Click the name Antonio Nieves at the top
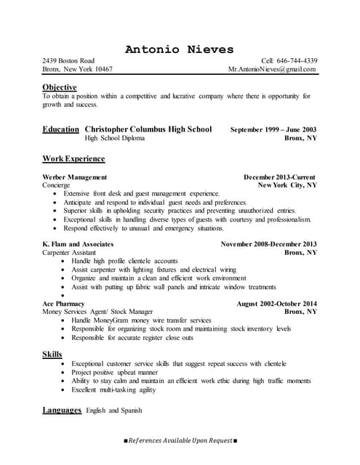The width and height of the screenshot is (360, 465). point(180,49)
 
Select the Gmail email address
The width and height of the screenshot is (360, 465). point(272,70)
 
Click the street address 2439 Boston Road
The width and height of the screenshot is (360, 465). point(68,60)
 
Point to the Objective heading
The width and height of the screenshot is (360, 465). point(60,87)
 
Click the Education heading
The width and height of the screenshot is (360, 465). point(60,129)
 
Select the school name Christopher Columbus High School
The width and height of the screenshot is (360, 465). point(148,129)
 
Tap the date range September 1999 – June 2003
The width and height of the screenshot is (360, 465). point(273,130)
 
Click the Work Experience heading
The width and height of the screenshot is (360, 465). point(73,158)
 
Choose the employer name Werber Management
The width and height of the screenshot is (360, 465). point(75,177)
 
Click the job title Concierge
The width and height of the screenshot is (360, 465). point(57,185)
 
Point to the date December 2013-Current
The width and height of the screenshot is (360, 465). point(279,177)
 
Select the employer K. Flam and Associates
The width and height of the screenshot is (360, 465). point(78,244)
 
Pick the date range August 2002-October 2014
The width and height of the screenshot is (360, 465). point(276,303)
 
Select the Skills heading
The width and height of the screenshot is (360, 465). point(52,354)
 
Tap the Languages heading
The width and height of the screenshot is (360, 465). point(62,411)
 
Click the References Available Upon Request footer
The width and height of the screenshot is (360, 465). point(180,441)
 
